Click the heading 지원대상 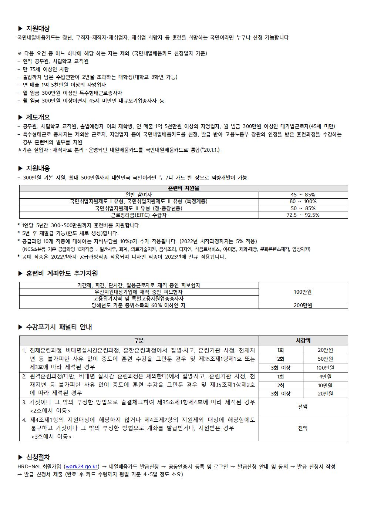point(38,28)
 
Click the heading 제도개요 point(38,118)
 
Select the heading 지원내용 point(38,169)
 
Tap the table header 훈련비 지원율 point(183,188)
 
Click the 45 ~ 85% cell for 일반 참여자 point(303,195)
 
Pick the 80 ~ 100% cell point(303,202)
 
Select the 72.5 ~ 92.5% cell point(303,215)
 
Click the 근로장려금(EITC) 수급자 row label point(139,215)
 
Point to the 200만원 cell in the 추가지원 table point(303,306)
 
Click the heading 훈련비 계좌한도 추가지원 point(62,273)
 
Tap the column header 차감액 point(303,341)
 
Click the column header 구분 point(139,341)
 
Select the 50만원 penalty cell point(325,359)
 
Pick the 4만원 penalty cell point(325,377)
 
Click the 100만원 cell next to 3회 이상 point(325,368)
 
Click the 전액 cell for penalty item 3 point(303,407)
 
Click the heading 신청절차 point(38,458)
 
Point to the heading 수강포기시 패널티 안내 point(59,327)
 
